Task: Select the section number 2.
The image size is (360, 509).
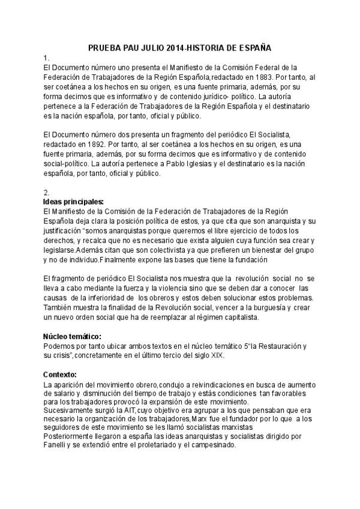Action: tap(47, 192)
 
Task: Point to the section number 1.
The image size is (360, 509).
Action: tap(46, 58)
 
